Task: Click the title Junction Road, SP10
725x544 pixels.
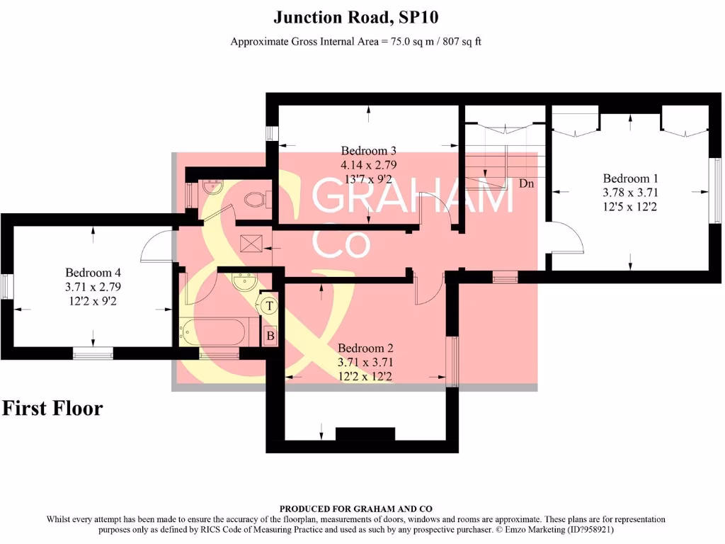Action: (360, 16)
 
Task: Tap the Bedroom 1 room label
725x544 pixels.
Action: (626, 178)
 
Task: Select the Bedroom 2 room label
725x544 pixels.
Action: (365, 348)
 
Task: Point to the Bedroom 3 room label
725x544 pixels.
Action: (368, 150)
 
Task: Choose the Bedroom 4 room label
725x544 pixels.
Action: (89, 272)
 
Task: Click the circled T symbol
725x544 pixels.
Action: (269, 306)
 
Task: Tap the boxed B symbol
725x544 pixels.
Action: (270, 336)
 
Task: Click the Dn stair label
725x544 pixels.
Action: (526, 183)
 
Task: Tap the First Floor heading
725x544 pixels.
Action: (52, 409)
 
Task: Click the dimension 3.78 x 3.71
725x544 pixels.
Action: (626, 192)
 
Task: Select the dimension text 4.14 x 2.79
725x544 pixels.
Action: (368, 164)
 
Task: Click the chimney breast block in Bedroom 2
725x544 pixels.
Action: (365, 433)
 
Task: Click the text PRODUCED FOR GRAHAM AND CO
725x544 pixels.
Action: (355, 509)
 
